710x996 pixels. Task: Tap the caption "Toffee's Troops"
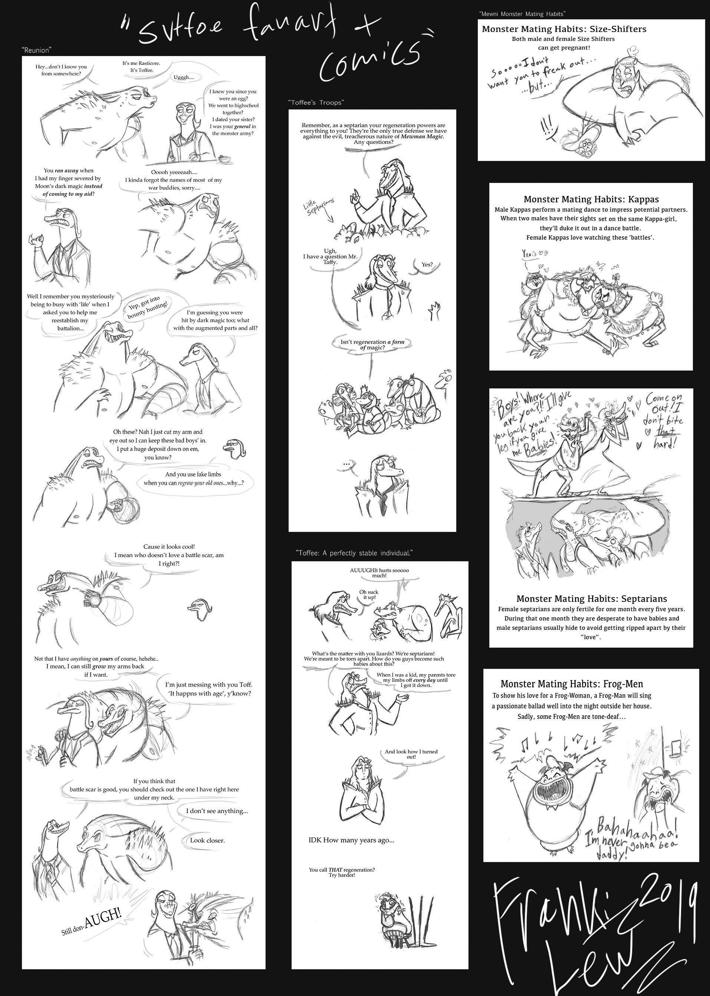(x=316, y=102)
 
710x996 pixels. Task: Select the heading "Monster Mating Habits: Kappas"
(x=591, y=199)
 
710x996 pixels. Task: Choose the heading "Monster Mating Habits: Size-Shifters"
(x=564, y=29)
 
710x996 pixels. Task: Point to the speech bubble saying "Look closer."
(x=207, y=840)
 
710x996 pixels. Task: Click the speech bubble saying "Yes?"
(x=427, y=264)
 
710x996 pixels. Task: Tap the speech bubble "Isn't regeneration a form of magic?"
(x=372, y=345)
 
